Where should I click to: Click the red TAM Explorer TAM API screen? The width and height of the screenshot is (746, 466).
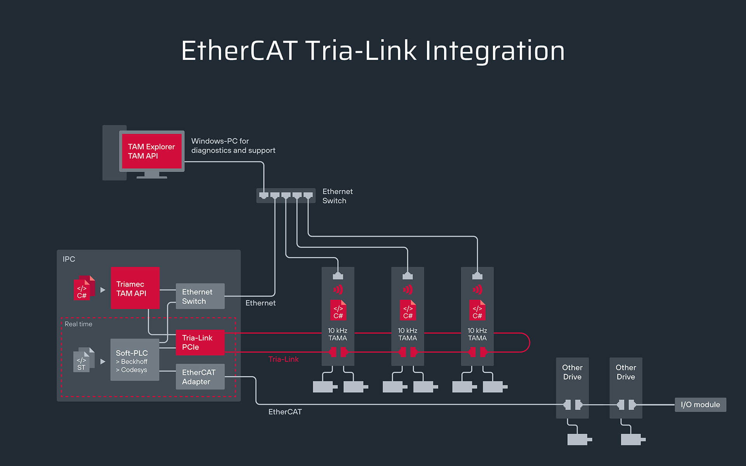click(x=152, y=151)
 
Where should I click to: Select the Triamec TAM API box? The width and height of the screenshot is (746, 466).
click(x=135, y=288)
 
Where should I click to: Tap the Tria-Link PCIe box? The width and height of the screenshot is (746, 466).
click(x=200, y=343)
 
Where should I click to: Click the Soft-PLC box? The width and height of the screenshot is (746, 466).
click(x=134, y=360)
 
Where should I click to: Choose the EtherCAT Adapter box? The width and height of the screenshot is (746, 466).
click(x=200, y=377)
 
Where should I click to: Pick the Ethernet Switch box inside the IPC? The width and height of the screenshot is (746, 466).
click(x=200, y=296)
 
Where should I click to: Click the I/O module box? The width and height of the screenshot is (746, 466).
click(x=700, y=405)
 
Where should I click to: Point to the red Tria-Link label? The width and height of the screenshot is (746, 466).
click(x=283, y=359)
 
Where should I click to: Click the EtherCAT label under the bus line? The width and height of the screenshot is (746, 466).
click(x=285, y=412)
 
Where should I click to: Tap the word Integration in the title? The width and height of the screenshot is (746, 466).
click(x=495, y=51)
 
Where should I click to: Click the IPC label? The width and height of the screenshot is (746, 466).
click(x=69, y=259)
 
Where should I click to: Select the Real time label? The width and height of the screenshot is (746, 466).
click(x=78, y=324)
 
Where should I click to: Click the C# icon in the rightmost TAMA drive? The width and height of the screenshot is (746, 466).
click(x=477, y=310)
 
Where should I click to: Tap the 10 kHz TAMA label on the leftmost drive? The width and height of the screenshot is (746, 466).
click(x=338, y=334)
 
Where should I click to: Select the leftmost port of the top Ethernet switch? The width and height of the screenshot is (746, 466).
click(x=264, y=195)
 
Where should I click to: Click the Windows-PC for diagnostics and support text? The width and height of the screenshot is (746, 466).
click(x=233, y=146)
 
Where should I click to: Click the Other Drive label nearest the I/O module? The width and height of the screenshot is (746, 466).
click(x=626, y=372)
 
